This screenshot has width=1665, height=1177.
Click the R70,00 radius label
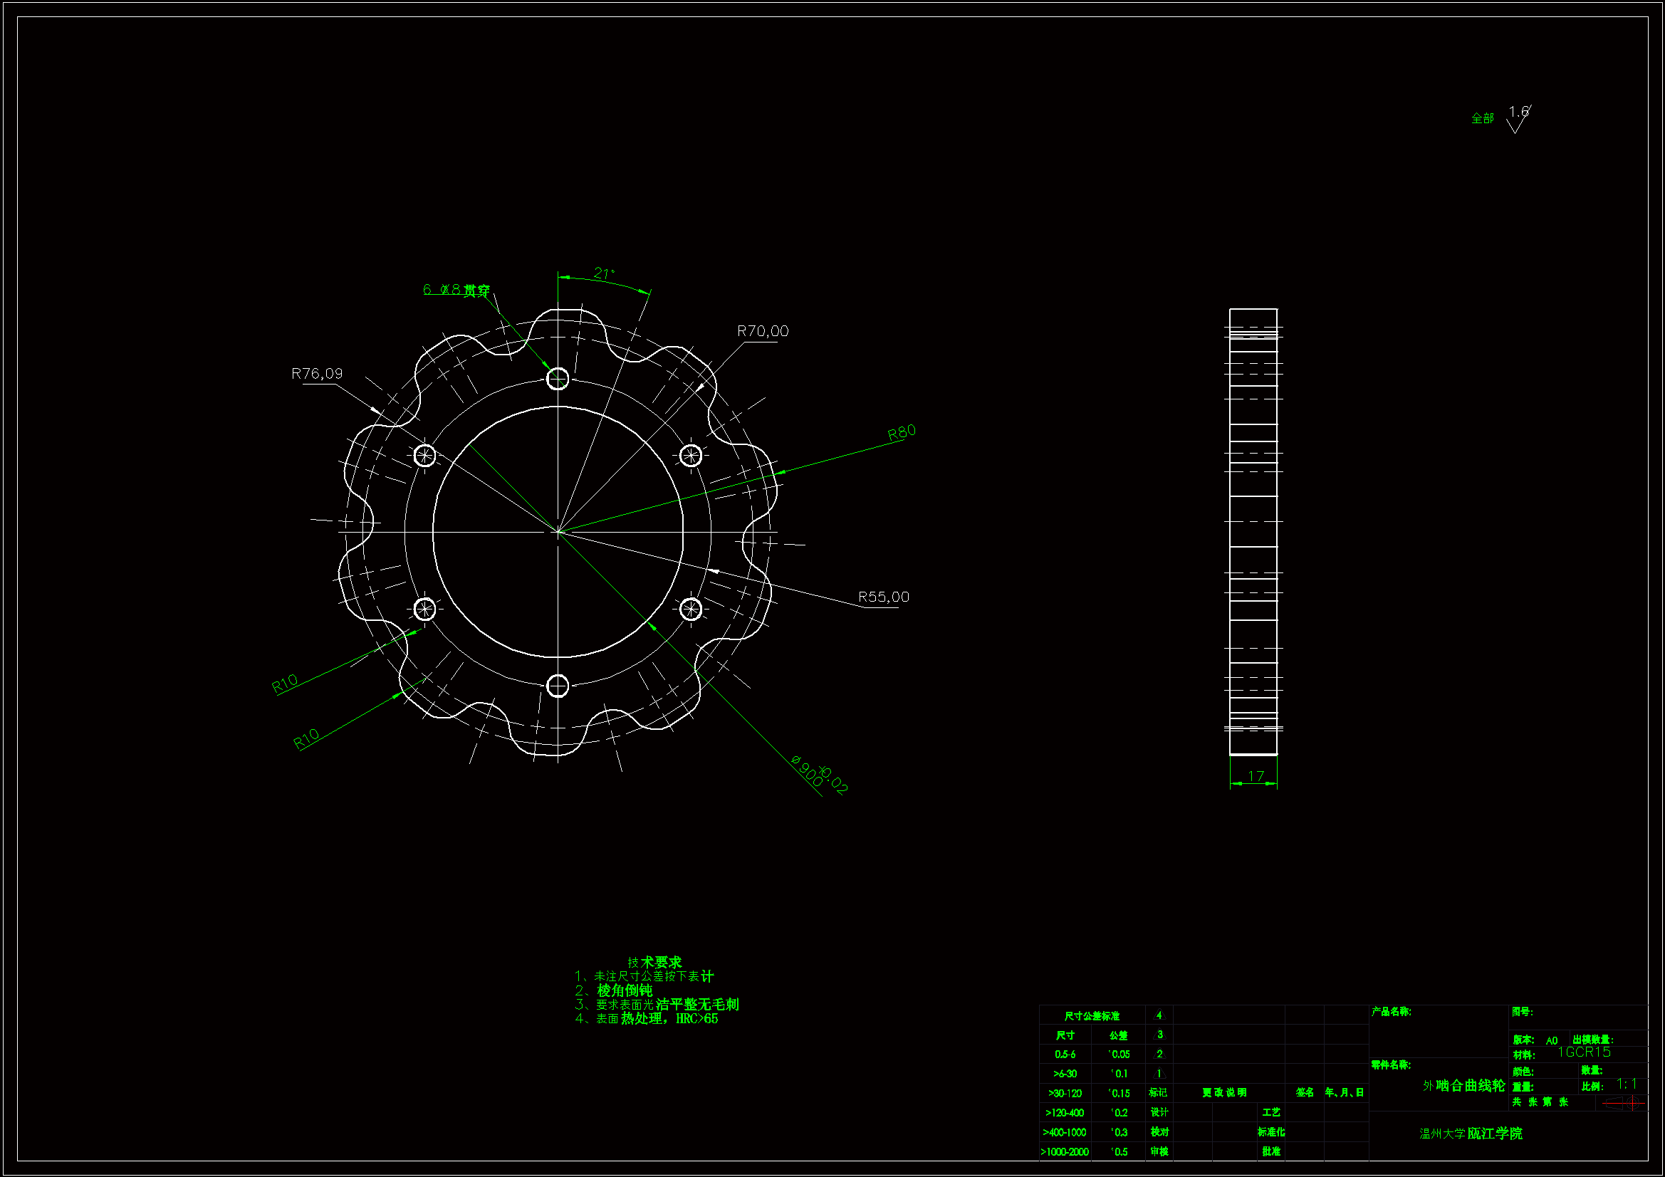coord(762,331)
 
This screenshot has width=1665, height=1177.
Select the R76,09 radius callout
coord(317,374)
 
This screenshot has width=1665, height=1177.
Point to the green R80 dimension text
coord(902,433)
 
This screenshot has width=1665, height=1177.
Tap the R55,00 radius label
coord(883,597)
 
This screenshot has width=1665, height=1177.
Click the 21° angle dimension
coord(603,274)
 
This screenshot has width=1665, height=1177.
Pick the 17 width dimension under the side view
coord(1256,776)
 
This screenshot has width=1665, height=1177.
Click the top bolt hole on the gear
coord(557,379)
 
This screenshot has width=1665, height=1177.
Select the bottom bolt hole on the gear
coord(557,685)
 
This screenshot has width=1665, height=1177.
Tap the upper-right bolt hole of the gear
coord(690,456)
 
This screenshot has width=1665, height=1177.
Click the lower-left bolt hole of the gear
coord(424,610)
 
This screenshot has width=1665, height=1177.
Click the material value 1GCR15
coord(1584,1052)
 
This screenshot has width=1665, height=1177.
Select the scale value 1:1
coord(1627,1084)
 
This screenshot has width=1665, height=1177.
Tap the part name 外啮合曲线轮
coord(1463,1086)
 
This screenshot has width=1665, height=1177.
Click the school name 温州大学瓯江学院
coord(1471,1134)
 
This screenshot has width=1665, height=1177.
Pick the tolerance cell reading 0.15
coord(1119,1093)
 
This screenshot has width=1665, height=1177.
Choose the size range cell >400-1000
coord(1065,1132)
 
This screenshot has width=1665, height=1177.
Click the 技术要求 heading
coord(655,963)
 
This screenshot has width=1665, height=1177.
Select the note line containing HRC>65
coord(647,1019)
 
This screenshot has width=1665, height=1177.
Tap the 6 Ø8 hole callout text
coord(456,290)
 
